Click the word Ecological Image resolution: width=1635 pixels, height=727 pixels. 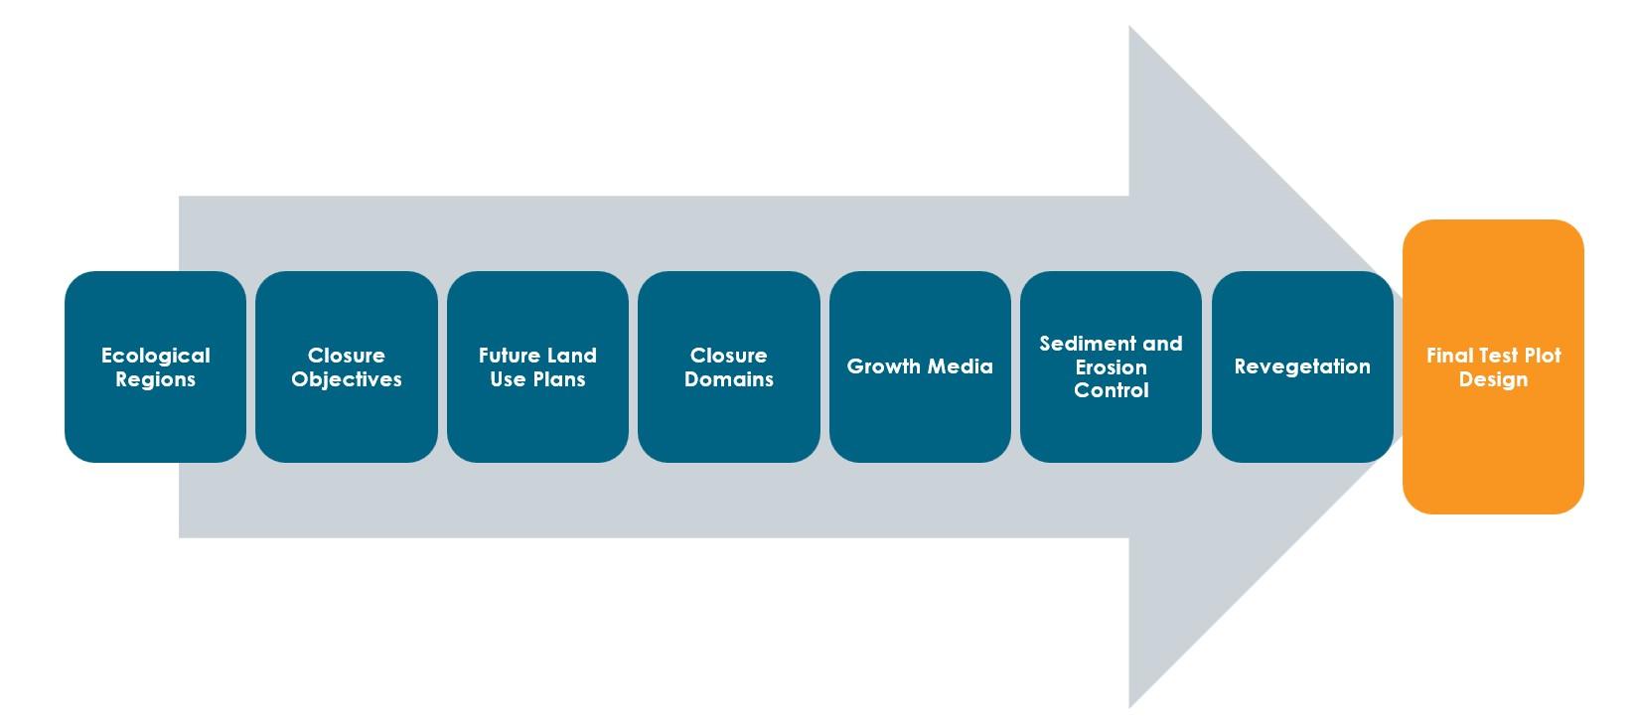156,356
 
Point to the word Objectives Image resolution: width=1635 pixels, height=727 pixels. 347,379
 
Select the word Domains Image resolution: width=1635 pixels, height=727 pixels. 729,379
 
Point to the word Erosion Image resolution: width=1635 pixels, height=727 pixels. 1112,367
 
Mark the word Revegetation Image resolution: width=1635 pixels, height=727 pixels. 1302,366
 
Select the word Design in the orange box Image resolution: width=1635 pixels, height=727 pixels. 1493,379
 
